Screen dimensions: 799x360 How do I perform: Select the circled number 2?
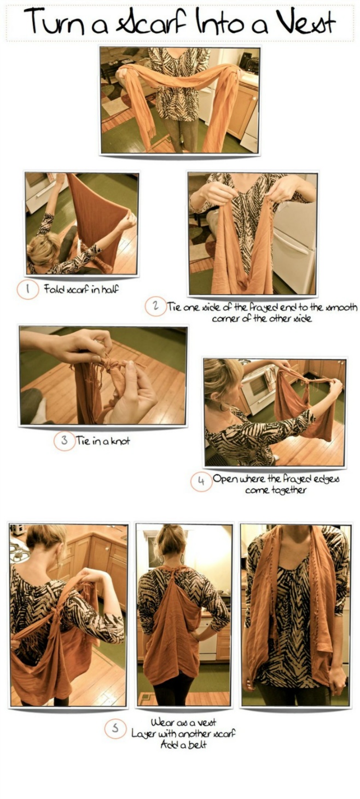coord(155,307)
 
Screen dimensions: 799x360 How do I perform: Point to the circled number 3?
coord(64,441)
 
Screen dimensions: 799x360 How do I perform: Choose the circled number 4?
coord(201,481)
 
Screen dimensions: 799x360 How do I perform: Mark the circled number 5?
coord(114,729)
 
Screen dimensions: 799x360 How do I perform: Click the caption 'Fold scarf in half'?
coord(81,289)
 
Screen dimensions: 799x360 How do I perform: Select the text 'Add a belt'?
coord(184,744)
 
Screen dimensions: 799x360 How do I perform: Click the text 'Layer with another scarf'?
coord(184,733)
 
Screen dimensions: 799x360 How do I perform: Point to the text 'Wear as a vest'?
coord(183,723)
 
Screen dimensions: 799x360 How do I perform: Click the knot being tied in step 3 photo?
coord(104,366)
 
